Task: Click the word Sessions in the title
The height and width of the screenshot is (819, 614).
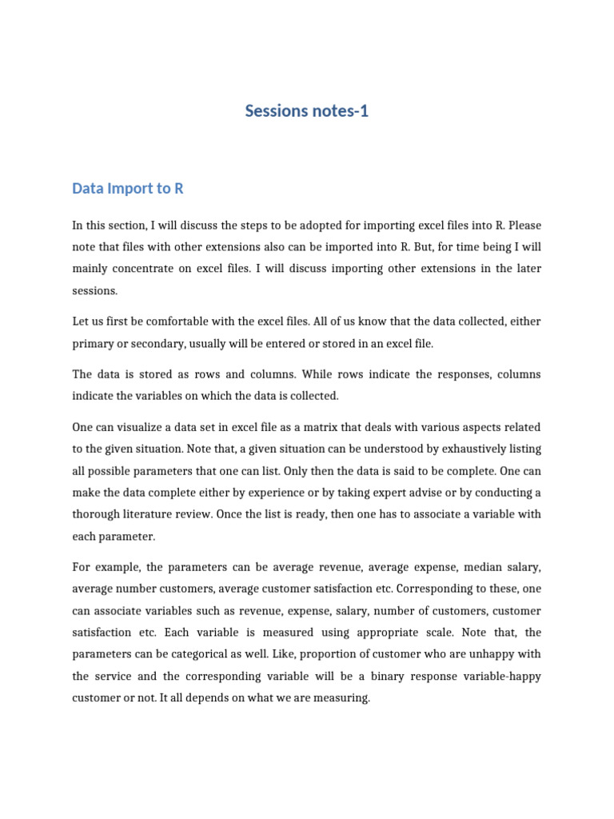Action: coord(274,111)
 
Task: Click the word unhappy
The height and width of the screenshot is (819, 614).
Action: coord(488,654)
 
